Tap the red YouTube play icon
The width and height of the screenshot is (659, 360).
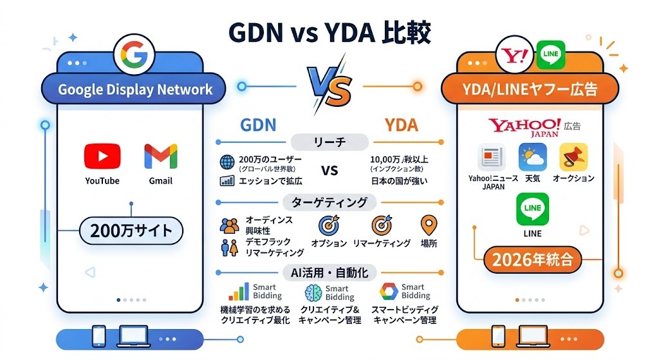[102, 156]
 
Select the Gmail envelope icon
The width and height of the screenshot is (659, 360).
[160, 156]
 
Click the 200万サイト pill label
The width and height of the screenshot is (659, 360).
[131, 230]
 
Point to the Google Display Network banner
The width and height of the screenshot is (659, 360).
[135, 90]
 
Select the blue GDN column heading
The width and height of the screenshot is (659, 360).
[257, 125]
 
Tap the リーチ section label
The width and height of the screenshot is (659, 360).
[329, 142]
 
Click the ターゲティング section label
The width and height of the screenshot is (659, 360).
[329, 203]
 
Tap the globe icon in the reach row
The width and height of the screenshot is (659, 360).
[227, 162]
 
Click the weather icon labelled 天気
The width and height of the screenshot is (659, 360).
[532, 157]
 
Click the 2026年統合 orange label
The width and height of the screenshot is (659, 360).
[532, 261]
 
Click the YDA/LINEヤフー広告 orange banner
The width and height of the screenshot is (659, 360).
[530, 90]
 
